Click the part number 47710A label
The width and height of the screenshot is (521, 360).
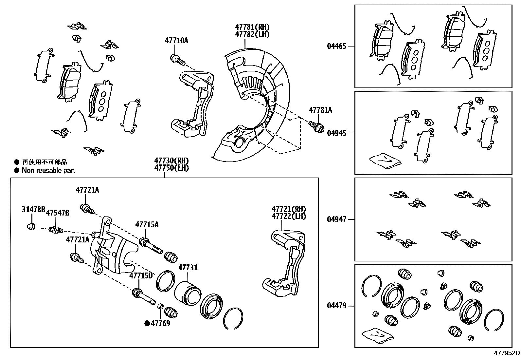click(176, 41)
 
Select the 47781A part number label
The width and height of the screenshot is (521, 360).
click(320, 110)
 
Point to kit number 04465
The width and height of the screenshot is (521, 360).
click(336, 46)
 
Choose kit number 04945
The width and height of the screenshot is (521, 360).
click(336, 133)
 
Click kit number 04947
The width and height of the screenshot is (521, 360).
click(336, 219)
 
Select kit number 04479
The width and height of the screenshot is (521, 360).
click(336, 306)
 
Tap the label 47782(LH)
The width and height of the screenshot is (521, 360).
click(252, 34)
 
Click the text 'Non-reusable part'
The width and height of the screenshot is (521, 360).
click(48, 170)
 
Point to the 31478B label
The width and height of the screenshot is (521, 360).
click(33, 209)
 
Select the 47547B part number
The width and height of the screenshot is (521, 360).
click(58, 213)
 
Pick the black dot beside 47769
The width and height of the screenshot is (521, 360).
click(147, 324)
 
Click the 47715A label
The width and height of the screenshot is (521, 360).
click(147, 224)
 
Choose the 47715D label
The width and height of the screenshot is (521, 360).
click(141, 275)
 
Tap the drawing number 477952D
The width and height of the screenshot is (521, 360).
click(507, 353)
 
